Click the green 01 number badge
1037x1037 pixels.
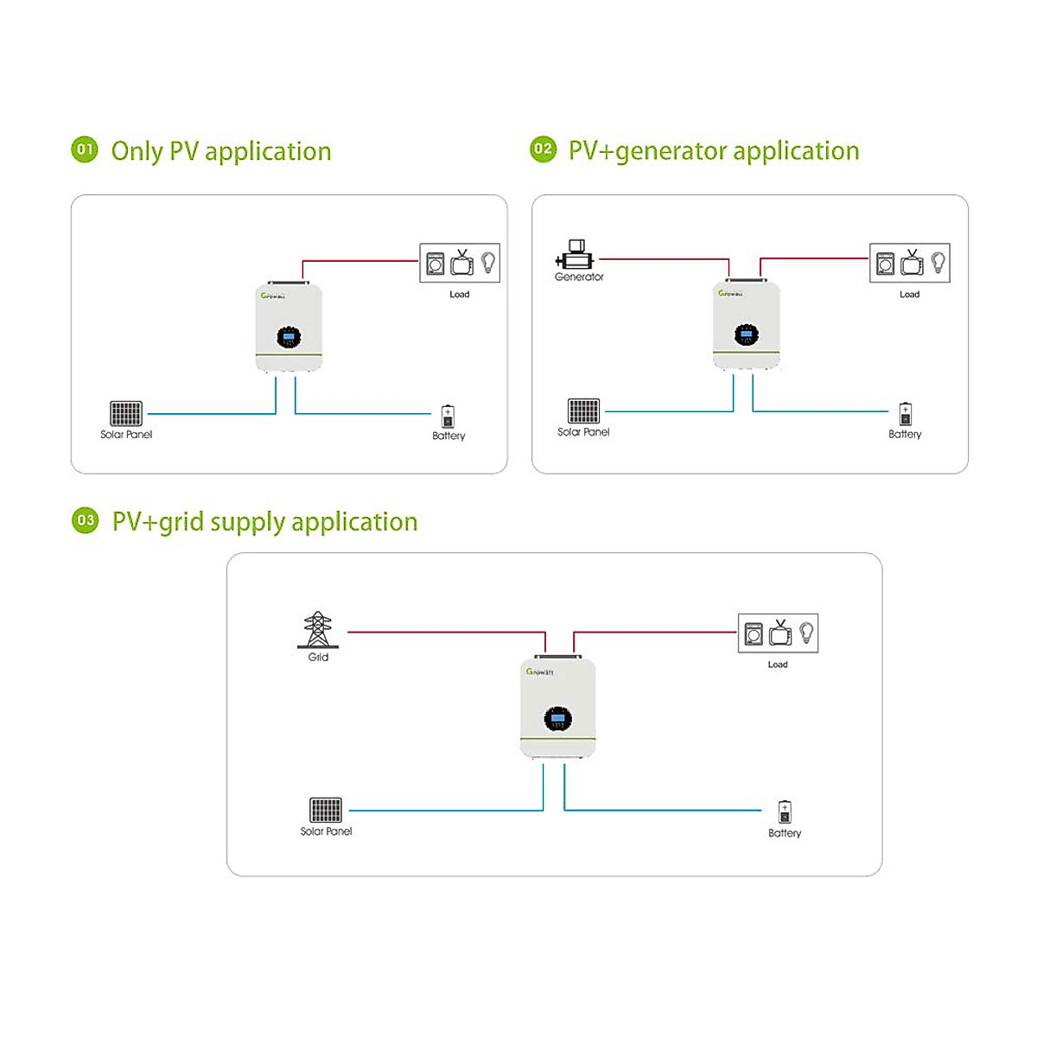click(85, 150)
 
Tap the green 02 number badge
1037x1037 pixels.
click(543, 150)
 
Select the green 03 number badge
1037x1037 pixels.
click(86, 520)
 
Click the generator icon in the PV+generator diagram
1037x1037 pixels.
click(576, 256)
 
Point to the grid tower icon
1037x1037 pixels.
click(317, 630)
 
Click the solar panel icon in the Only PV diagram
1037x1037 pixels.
click(126, 413)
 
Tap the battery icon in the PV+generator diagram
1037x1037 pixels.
click(905, 413)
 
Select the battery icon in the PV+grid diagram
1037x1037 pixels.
click(785, 812)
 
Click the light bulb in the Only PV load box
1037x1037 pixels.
click(488, 262)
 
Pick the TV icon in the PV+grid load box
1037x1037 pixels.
click(780, 633)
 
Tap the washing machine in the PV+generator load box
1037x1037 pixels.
click(885, 263)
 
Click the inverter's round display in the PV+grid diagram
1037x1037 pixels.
click(558, 719)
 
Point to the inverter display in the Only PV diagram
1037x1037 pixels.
click(289, 337)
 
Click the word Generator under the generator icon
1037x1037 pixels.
click(579, 277)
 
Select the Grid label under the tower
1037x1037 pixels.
click(318, 658)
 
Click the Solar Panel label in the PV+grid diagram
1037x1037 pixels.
click(326, 831)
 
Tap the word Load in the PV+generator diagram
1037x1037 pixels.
click(909, 295)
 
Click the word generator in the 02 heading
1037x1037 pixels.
click(671, 151)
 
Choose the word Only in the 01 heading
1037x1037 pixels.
click(137, 151)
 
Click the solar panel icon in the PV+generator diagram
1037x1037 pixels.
click(583, 410)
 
